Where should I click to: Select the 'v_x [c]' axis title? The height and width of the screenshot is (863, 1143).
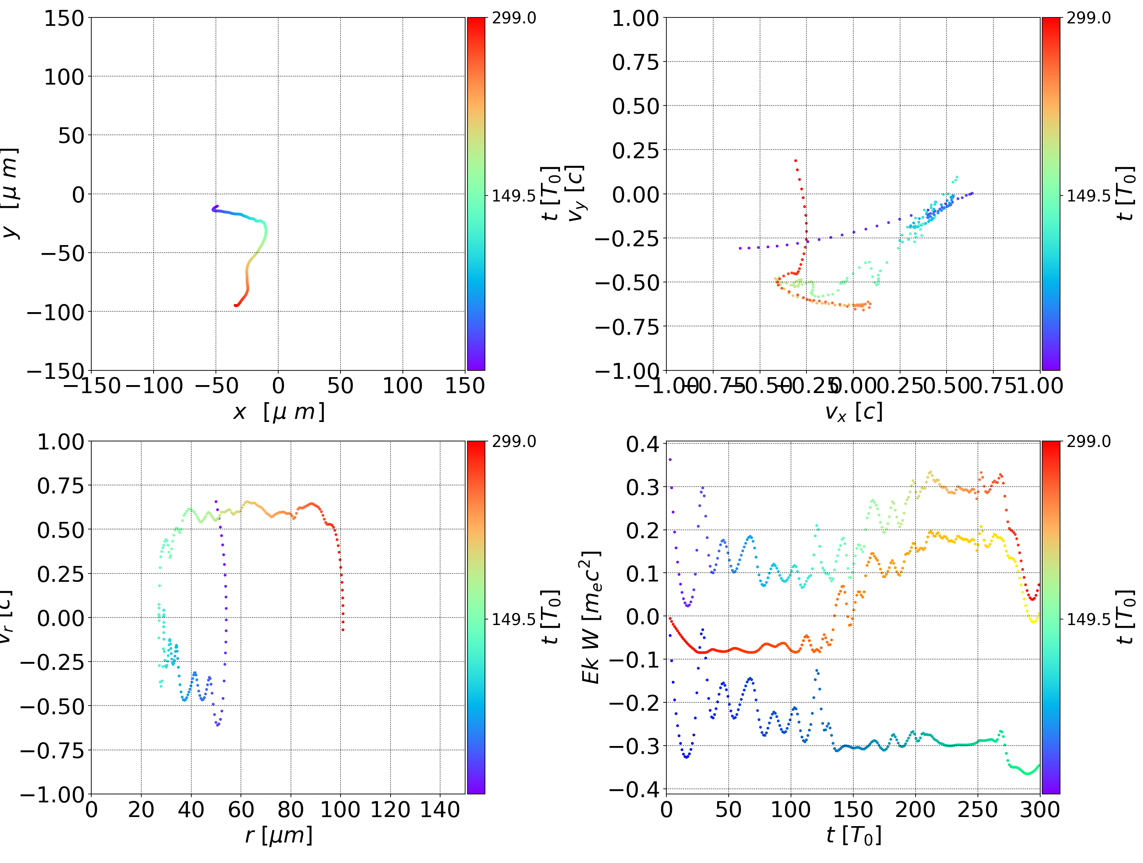[853, 412]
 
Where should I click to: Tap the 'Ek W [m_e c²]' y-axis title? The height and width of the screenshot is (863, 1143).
[591, 617]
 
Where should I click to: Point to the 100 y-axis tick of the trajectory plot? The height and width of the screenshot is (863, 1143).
[63, 77]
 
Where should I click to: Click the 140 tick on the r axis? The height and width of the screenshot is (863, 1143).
[440, 810]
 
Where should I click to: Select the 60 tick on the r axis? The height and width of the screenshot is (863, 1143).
[241, 810]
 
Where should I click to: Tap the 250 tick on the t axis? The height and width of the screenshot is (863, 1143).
[978, 810]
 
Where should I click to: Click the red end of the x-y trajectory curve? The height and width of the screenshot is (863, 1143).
[236, 305]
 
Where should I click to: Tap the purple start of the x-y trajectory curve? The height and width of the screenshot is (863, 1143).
[217, 206]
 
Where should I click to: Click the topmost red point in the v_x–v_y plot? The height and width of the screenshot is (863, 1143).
[795, 161]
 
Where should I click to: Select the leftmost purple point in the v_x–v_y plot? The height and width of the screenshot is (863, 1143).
[740, 248]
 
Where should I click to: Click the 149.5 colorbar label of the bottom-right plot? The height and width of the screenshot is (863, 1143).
[1089, 619]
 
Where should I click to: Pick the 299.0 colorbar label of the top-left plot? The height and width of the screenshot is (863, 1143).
[514, 18]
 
